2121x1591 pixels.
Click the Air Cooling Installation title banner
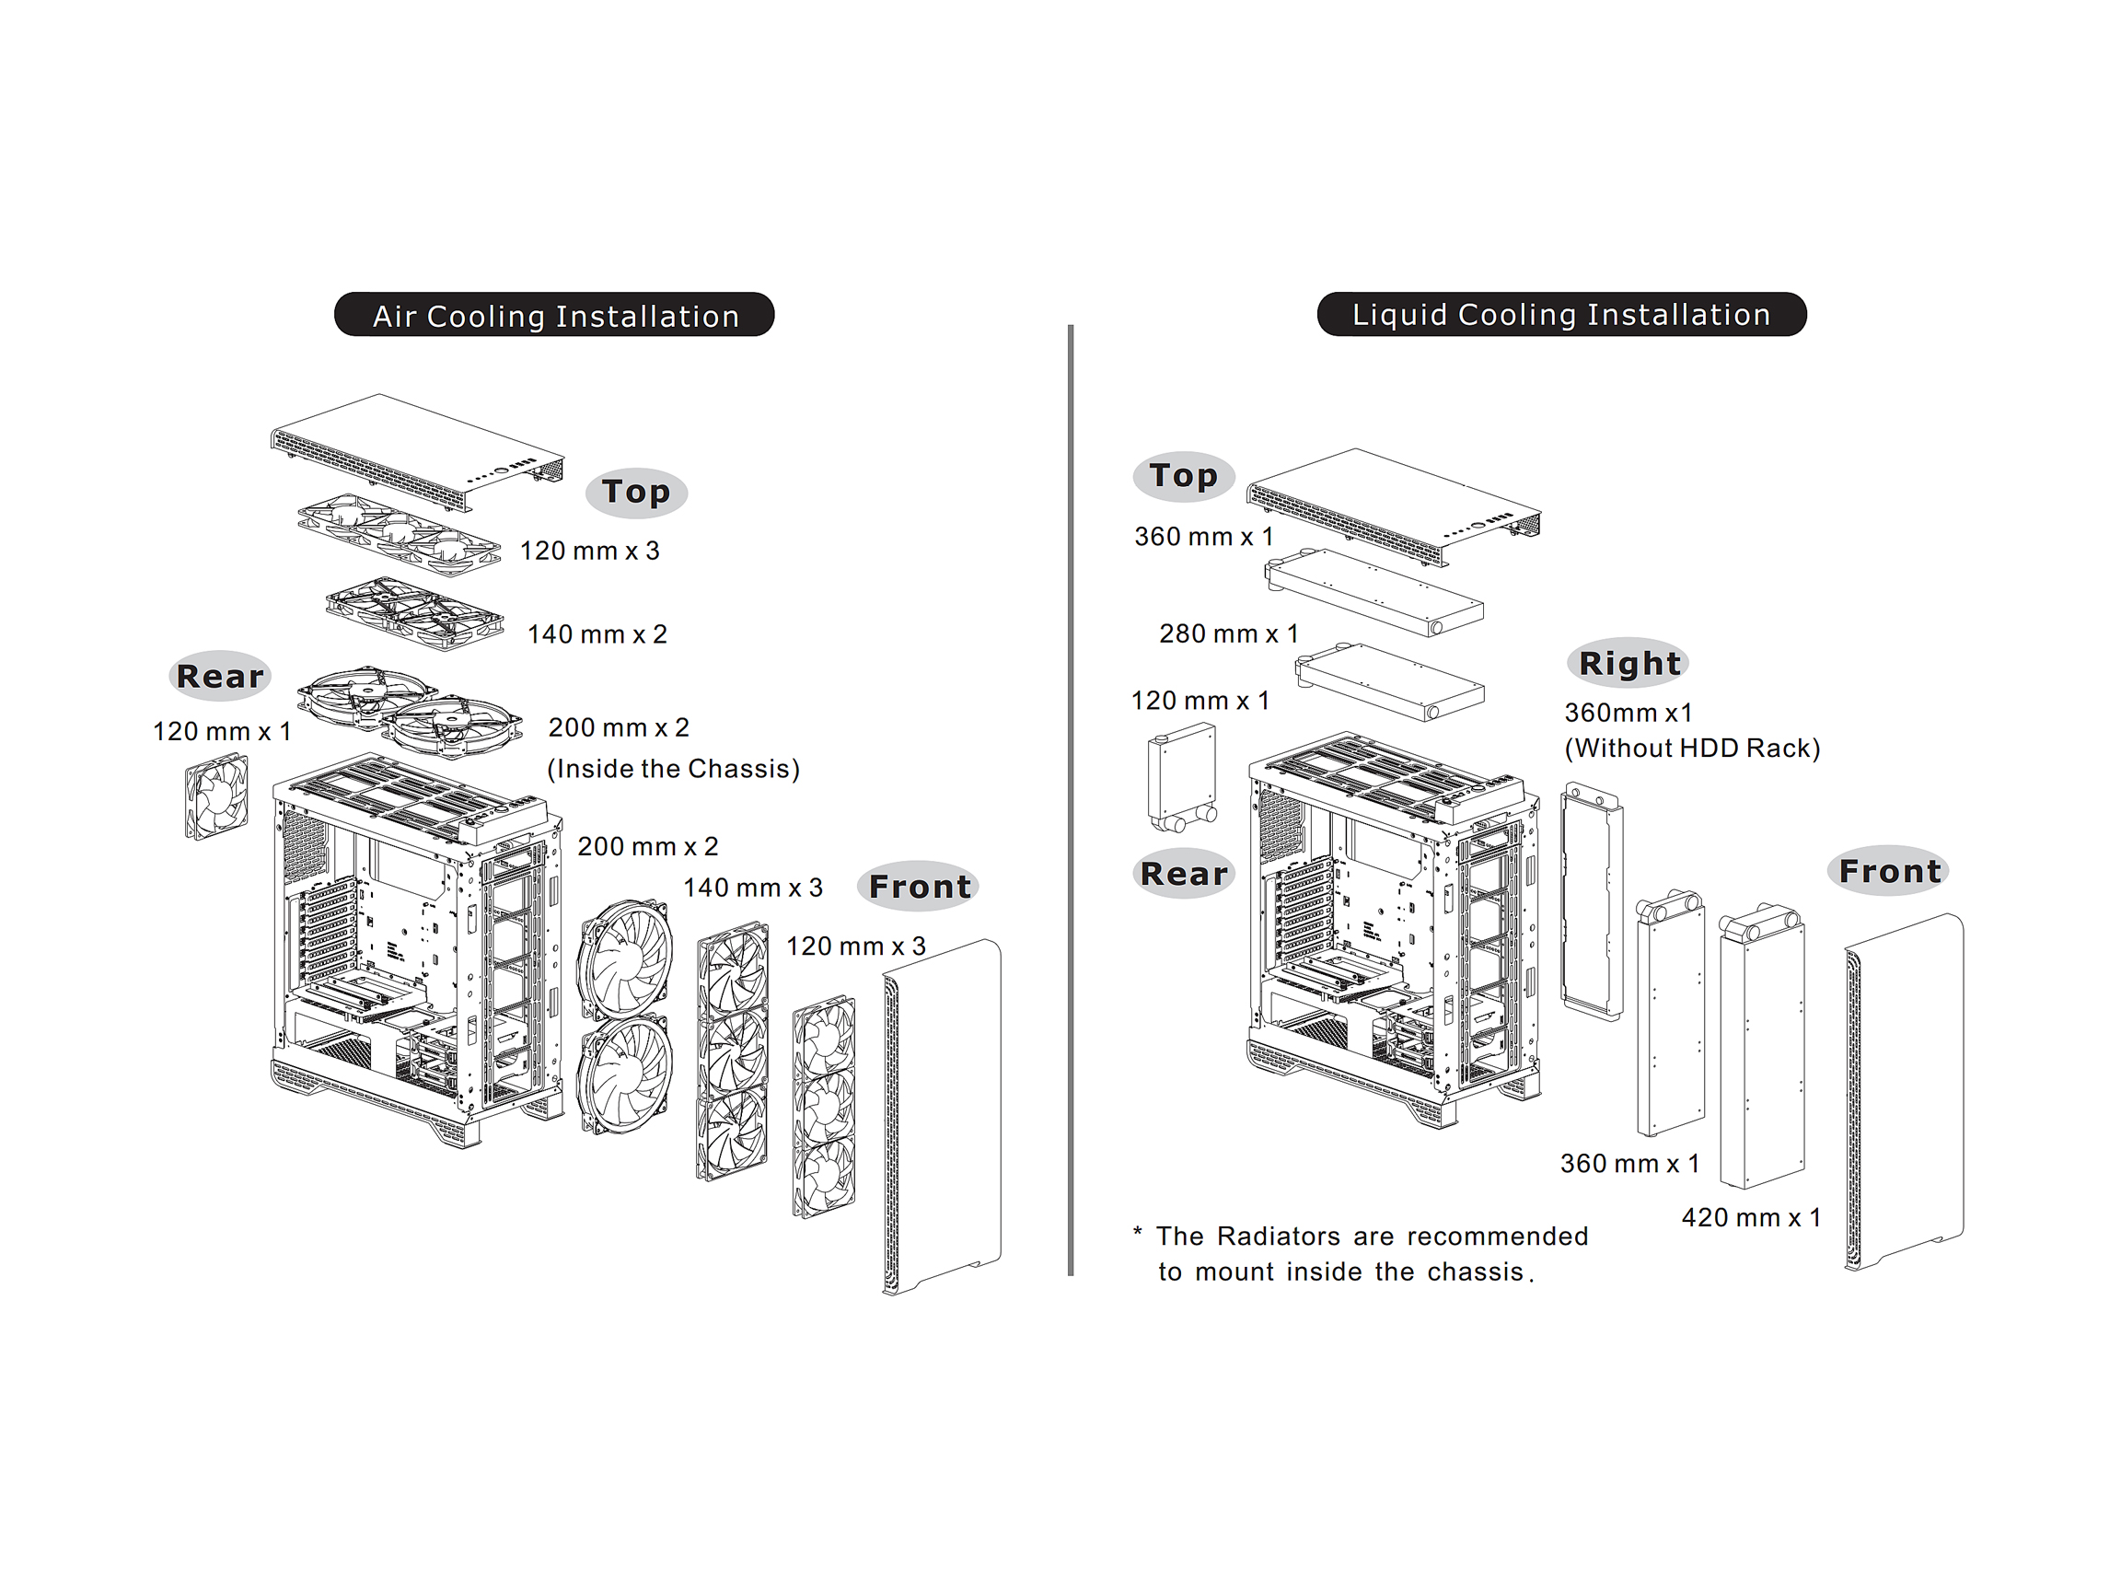553,315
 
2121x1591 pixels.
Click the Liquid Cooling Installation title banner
1561,314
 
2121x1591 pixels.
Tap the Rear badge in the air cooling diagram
220,676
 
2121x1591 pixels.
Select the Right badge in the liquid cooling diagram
1628,663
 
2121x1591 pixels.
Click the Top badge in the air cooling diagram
636,492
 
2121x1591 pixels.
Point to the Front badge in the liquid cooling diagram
1889,871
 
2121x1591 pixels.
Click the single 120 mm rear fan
216,797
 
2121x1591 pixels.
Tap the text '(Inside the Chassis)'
673,768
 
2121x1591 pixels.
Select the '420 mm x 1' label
1751,1217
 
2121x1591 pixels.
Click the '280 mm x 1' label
1228,633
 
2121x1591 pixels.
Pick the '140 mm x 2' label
597,633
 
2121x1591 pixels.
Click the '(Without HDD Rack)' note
1691,748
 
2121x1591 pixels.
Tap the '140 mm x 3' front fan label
753,887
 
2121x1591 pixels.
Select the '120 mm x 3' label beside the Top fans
590,551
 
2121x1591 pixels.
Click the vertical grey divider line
1070,800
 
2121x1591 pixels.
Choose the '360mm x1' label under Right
1628,713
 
